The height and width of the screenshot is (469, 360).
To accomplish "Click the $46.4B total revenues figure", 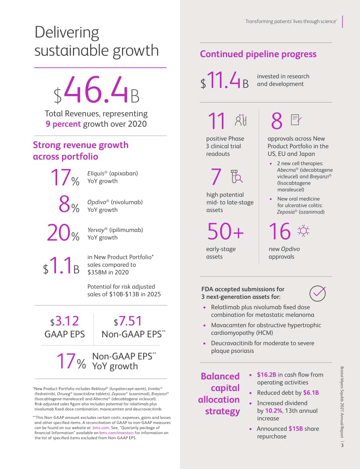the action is tap(96, 90).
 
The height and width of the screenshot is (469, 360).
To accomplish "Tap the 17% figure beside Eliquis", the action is tap(65, 177).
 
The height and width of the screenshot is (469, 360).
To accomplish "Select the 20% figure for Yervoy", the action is tap(63, 233).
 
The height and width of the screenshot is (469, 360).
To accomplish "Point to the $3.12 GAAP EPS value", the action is tap(65, 321).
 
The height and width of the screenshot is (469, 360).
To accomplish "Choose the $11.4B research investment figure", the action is tap(225, 81).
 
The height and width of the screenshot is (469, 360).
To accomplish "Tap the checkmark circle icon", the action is tap(317, 293).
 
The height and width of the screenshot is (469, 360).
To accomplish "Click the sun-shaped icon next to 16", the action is tap(303, 231).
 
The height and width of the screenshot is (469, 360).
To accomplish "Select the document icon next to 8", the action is tap(296, 120).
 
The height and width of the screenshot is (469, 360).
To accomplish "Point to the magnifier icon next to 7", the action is tap(236, 176).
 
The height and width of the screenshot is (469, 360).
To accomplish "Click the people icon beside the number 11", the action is tap(241, 120).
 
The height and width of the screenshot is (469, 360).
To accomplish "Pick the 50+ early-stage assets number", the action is tap(226, 231).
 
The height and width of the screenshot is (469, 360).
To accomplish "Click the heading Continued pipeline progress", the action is tap(258, 54).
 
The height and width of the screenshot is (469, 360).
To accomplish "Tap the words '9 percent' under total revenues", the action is tap(63, 124).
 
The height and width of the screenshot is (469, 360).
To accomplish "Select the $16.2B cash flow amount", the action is tap(266, 374).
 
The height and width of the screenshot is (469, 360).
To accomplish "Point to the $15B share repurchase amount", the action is tap(296, 429).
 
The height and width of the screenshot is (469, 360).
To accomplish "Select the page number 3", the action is tap(342, 445).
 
